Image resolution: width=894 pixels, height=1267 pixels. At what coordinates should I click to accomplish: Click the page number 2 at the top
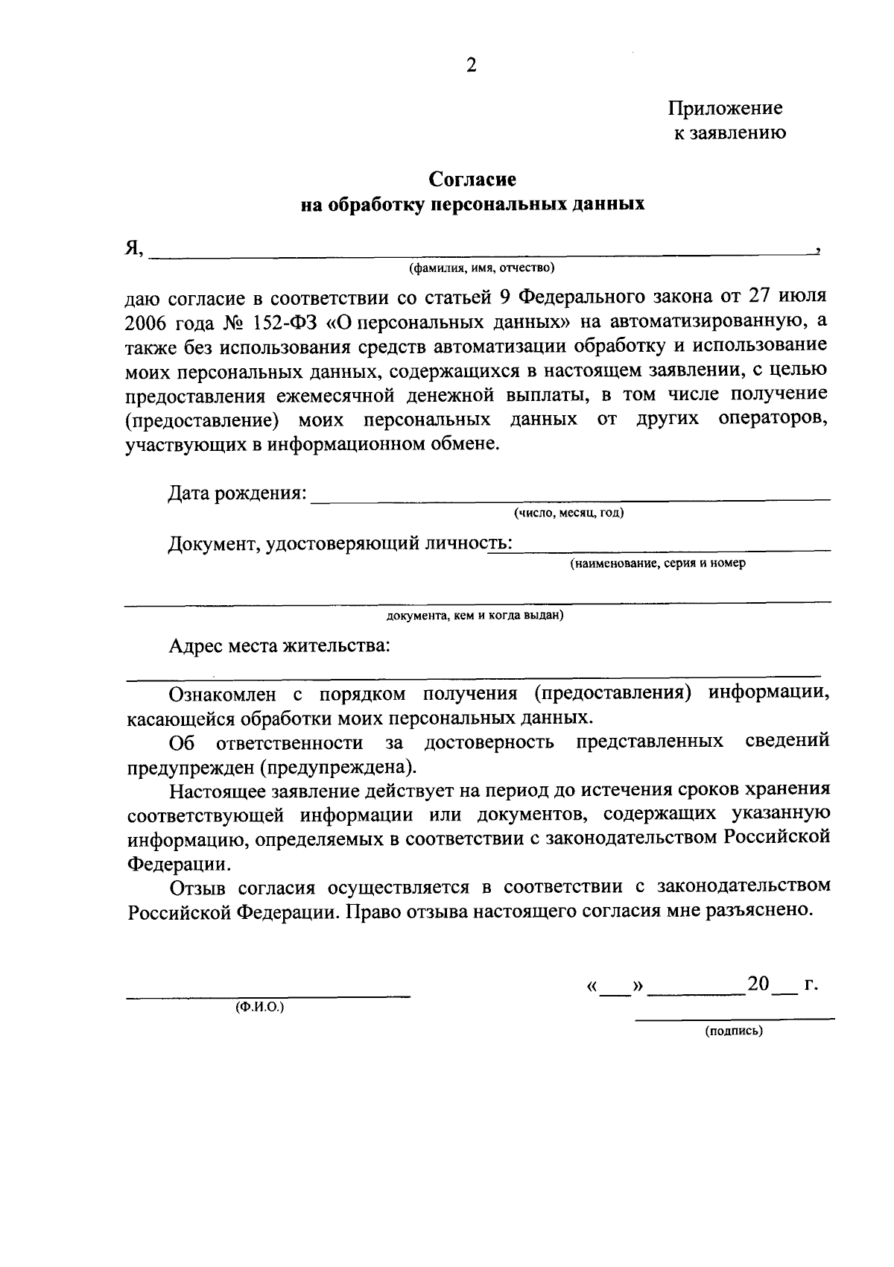470,66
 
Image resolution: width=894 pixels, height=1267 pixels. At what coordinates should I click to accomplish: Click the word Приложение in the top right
724,108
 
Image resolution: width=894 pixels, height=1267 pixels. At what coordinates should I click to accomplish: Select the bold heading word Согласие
472,180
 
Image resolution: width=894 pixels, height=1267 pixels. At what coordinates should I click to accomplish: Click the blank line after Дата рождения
570,498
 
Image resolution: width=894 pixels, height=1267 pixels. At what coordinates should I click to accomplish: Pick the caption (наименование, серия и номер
658,563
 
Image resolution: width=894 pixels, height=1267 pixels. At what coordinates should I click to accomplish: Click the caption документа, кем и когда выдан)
475,616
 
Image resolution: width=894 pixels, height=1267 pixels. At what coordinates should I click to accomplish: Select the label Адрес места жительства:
279,645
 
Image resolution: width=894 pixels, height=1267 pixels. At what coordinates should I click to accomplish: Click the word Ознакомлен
223,694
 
